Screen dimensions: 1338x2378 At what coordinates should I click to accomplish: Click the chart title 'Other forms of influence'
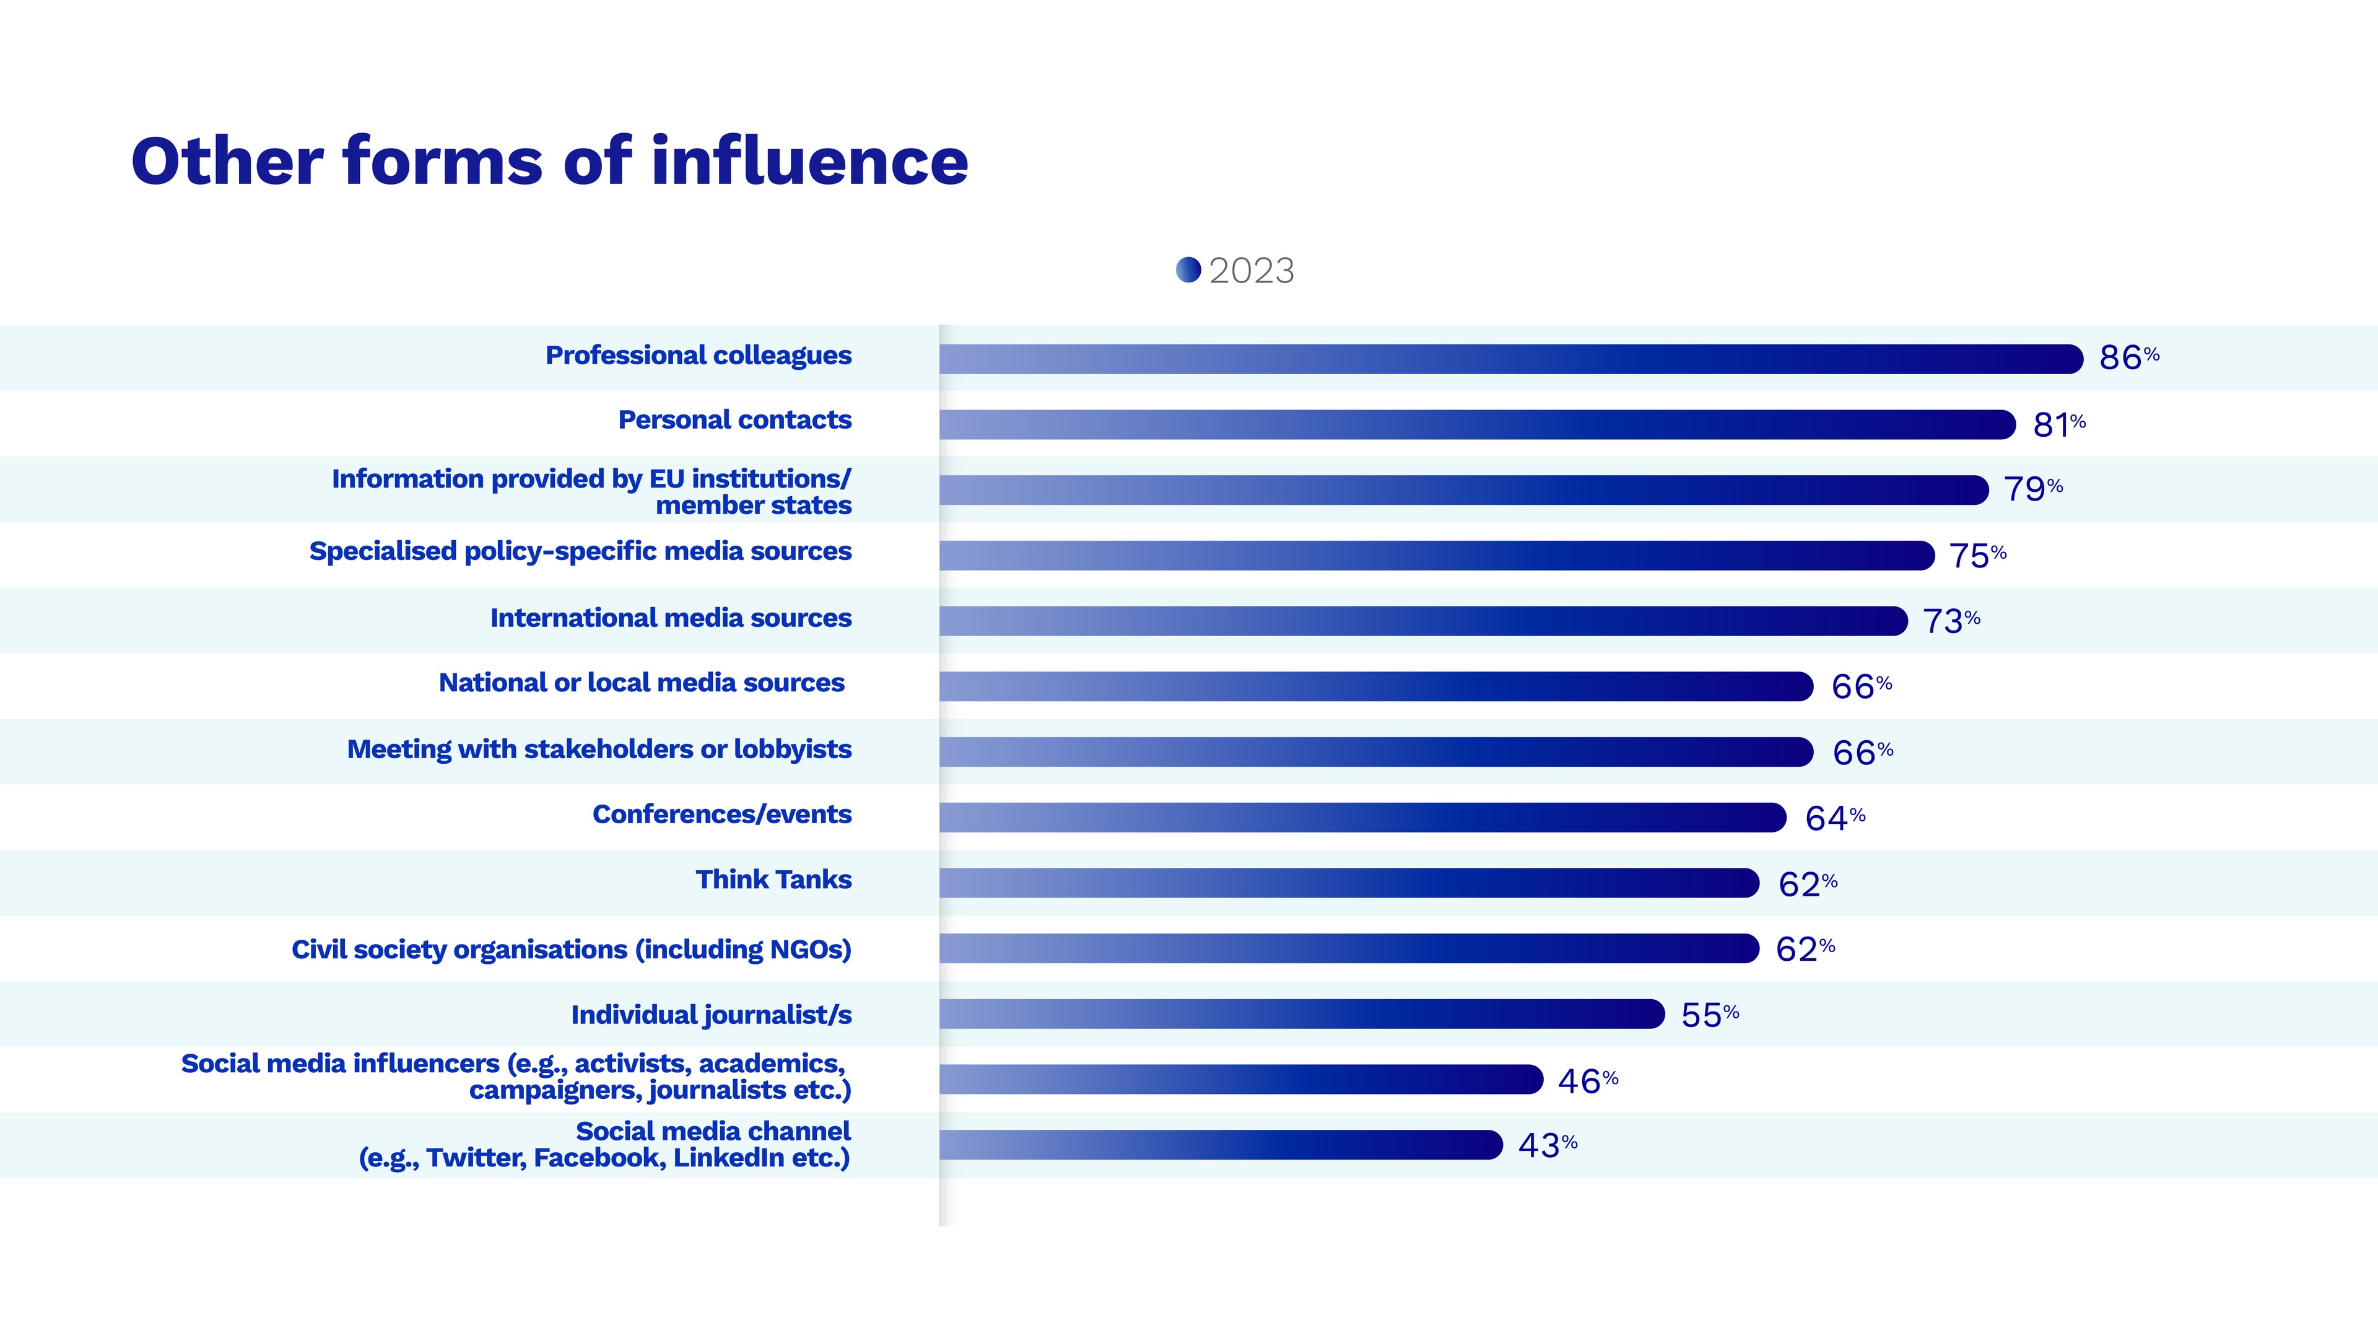(549, 162)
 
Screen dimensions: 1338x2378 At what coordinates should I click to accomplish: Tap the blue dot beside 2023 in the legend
(1188, 269)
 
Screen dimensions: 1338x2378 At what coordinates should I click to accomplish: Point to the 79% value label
(2032, 489)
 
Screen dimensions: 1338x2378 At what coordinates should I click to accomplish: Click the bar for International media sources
(1422, 621)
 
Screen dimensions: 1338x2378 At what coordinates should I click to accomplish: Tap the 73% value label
(1951, 621)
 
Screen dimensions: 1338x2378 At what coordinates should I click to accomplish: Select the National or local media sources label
(642, 683)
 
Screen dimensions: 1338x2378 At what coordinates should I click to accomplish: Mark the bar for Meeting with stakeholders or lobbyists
(1375, 751)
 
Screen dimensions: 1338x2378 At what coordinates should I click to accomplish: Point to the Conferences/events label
(722, 815)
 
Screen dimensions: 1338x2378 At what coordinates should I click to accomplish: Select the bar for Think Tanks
(1349, 883)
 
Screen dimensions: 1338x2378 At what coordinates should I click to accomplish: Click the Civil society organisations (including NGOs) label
(572, 949)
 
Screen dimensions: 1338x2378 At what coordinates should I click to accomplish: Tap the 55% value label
(1710, 1015)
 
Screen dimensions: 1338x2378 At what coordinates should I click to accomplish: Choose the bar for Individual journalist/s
(1302, 1014)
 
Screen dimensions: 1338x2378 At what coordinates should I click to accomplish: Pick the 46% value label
(1587, 1080)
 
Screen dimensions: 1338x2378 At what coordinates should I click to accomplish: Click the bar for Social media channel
(1221, 1145)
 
